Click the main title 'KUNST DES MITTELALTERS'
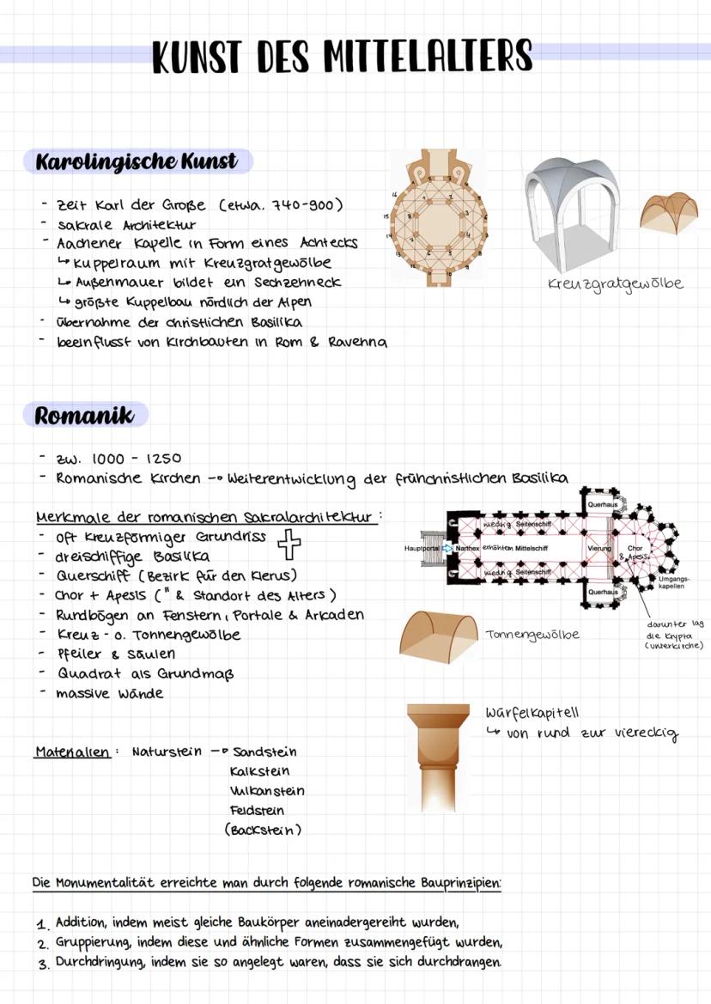[342, 57]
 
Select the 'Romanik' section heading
[85, 416]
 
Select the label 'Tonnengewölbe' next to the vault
[532, 635]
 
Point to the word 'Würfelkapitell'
[532, 713]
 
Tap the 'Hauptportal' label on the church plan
[421, 547]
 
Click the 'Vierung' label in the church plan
[599, 547]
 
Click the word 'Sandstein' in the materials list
[265, 751]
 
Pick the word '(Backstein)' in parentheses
[263, 830]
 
